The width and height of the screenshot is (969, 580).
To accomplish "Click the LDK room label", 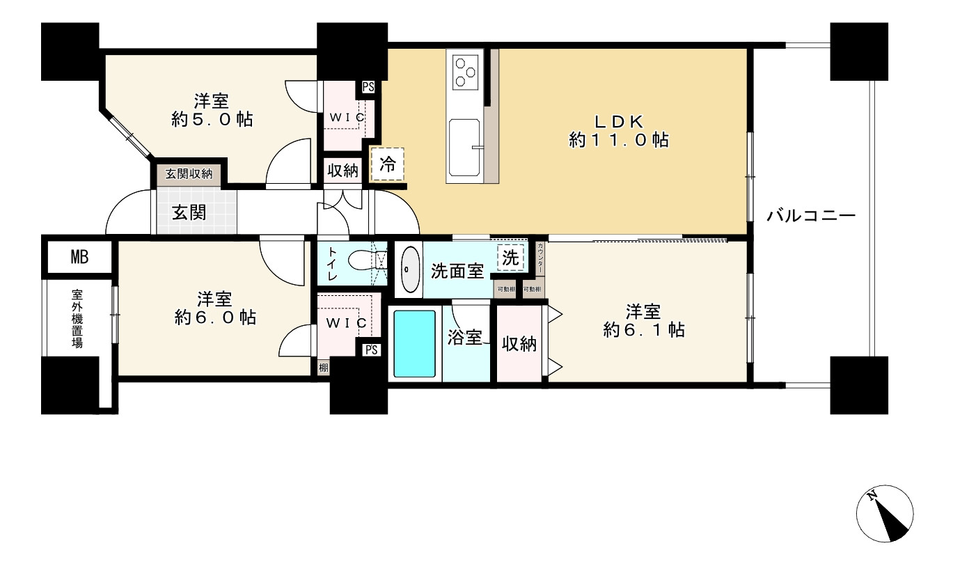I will coord(619,120).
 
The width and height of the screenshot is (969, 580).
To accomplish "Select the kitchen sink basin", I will coord(464,148).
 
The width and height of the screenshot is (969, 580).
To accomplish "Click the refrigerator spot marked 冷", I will coord(388,165).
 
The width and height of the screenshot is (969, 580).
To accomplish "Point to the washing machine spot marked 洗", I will coord(510,258).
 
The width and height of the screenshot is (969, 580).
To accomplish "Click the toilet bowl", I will coord(361,261).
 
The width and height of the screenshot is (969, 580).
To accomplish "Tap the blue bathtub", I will coord(415,343).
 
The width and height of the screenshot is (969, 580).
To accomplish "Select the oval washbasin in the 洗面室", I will coord(409,269).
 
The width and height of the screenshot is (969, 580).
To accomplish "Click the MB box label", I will coord(79,258).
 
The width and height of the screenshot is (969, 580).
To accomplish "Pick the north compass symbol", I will coord(884,512).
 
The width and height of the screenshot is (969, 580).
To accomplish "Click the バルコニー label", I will coord(810,216).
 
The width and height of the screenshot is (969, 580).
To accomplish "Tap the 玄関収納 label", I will coord(189,174).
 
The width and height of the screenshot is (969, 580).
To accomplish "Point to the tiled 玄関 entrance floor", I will coord(194,212).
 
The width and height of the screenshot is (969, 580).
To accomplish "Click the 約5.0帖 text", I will coord(212,120).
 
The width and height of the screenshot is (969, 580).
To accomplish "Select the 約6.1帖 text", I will coord(643,329).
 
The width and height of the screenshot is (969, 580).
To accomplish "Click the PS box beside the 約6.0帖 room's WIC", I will coord(371,350).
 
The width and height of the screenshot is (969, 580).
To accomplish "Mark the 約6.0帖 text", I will coord(215,318).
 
